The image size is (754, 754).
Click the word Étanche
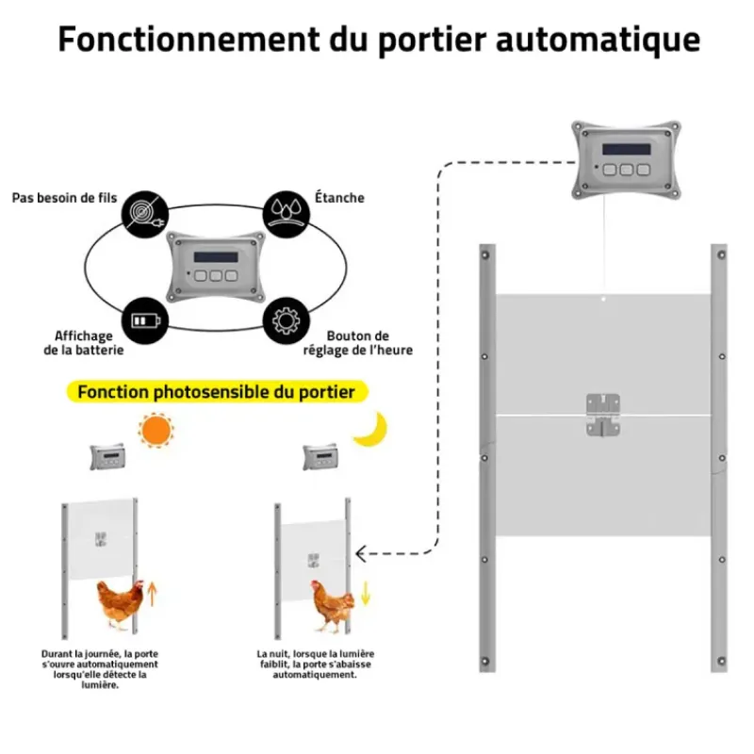click(x=339, y=199)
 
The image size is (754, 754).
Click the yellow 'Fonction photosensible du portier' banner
click(x=217, y=391)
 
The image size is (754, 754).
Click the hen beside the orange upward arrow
click(x=120, y=604)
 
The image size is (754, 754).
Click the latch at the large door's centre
click(x=603, y=415)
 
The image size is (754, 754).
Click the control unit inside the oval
click(x=214, y=268)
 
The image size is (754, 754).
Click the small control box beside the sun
click(x=107, y=457)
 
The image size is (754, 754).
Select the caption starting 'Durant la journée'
click(x=94, y=669)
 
